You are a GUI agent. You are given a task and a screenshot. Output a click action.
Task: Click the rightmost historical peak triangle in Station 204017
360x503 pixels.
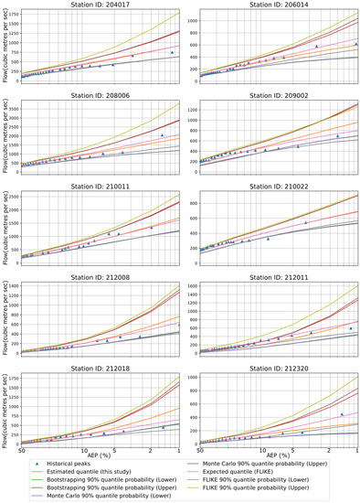click(172, 53)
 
